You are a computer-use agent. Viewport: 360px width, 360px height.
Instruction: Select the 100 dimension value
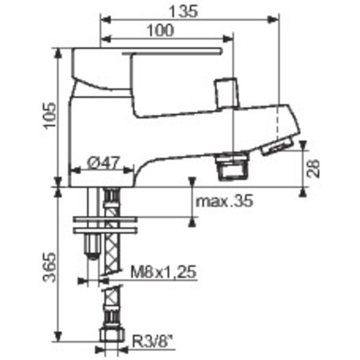click(160, 30)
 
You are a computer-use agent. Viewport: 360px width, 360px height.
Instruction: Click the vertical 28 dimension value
click(314, 168)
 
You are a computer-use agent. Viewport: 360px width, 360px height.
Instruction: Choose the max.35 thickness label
click(225, 201)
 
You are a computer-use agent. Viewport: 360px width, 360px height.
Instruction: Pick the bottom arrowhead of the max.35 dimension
click(192, 222)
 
